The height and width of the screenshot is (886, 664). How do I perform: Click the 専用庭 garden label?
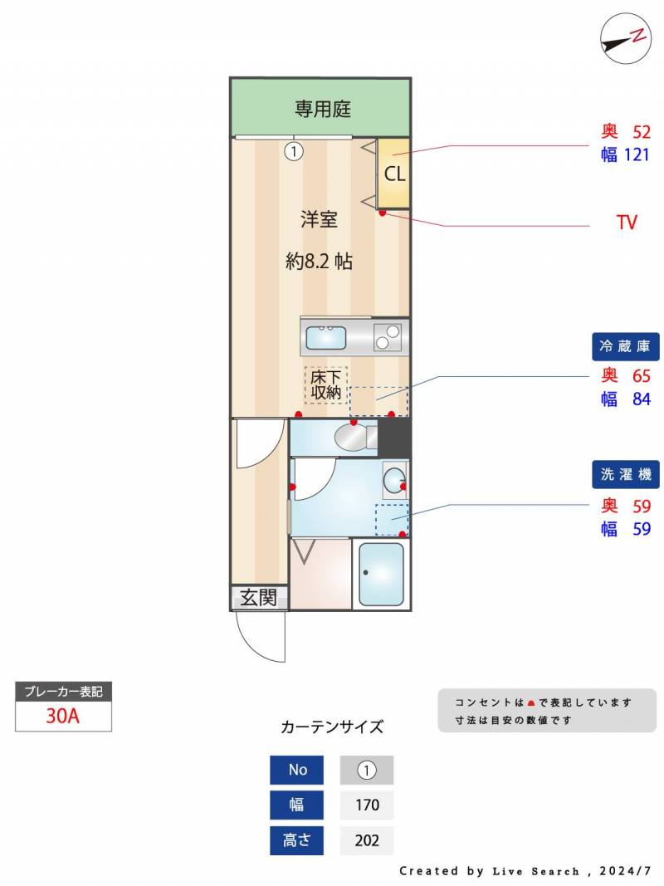coord(322,109)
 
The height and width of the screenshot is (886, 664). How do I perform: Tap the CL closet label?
coord(395,174)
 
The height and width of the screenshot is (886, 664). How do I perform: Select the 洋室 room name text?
coord(319,218)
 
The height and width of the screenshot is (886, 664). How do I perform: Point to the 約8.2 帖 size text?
coord(319,261)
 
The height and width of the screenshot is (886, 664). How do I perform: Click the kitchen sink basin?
coord(326,338)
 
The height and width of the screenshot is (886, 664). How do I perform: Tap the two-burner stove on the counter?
coord(388,337)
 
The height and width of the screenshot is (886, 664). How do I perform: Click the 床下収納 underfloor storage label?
coord(326,384)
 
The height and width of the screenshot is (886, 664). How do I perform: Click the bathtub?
coord(381,574)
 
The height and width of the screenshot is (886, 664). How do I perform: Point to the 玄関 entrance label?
coord(259,598)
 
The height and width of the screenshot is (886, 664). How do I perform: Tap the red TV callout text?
coord(627,222)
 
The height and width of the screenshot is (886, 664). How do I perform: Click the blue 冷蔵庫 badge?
coord(626,346)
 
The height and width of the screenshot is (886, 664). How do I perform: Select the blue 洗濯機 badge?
coord(626,475)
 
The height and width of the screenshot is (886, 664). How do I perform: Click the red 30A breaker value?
coord(63,715)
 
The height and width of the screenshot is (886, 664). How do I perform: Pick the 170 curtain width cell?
coord(367,805)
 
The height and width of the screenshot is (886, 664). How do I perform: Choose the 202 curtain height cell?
coord(367,840)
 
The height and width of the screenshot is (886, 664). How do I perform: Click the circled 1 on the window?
coord(294,151)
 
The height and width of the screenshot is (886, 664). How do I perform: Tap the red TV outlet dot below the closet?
coord(383,213)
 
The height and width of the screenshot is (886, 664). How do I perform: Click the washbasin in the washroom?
coord(395,480)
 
